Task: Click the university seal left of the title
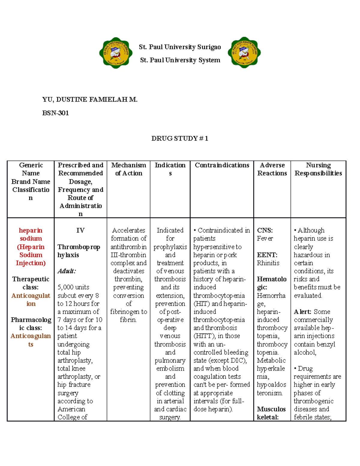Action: tap(116, 53)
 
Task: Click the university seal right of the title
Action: tap(244, 53)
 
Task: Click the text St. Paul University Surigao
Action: tap(180, 47)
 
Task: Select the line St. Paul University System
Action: tap(180, 60)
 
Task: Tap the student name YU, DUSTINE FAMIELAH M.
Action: tap(90, 100)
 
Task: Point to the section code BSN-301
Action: tap(55, 113)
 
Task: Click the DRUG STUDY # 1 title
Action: tap(180, 138)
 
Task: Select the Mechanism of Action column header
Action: tap(129, 169)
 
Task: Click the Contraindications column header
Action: tap(222, 165)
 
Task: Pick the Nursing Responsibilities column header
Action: tap(318, 169)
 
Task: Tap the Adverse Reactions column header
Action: tap(272, 169)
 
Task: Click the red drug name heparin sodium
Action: tap(31, 234)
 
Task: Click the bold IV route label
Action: tap(80, 230)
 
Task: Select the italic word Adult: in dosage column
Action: tap(66, 271)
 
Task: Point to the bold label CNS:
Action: tap(265, 230)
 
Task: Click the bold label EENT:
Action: tap(267, 255)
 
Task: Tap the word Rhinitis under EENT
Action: tap(268, 263)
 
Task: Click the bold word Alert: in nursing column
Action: tap(303, 312)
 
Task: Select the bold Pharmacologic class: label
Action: tap(31, 324)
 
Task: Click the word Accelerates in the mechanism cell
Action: tap(128, 230)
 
